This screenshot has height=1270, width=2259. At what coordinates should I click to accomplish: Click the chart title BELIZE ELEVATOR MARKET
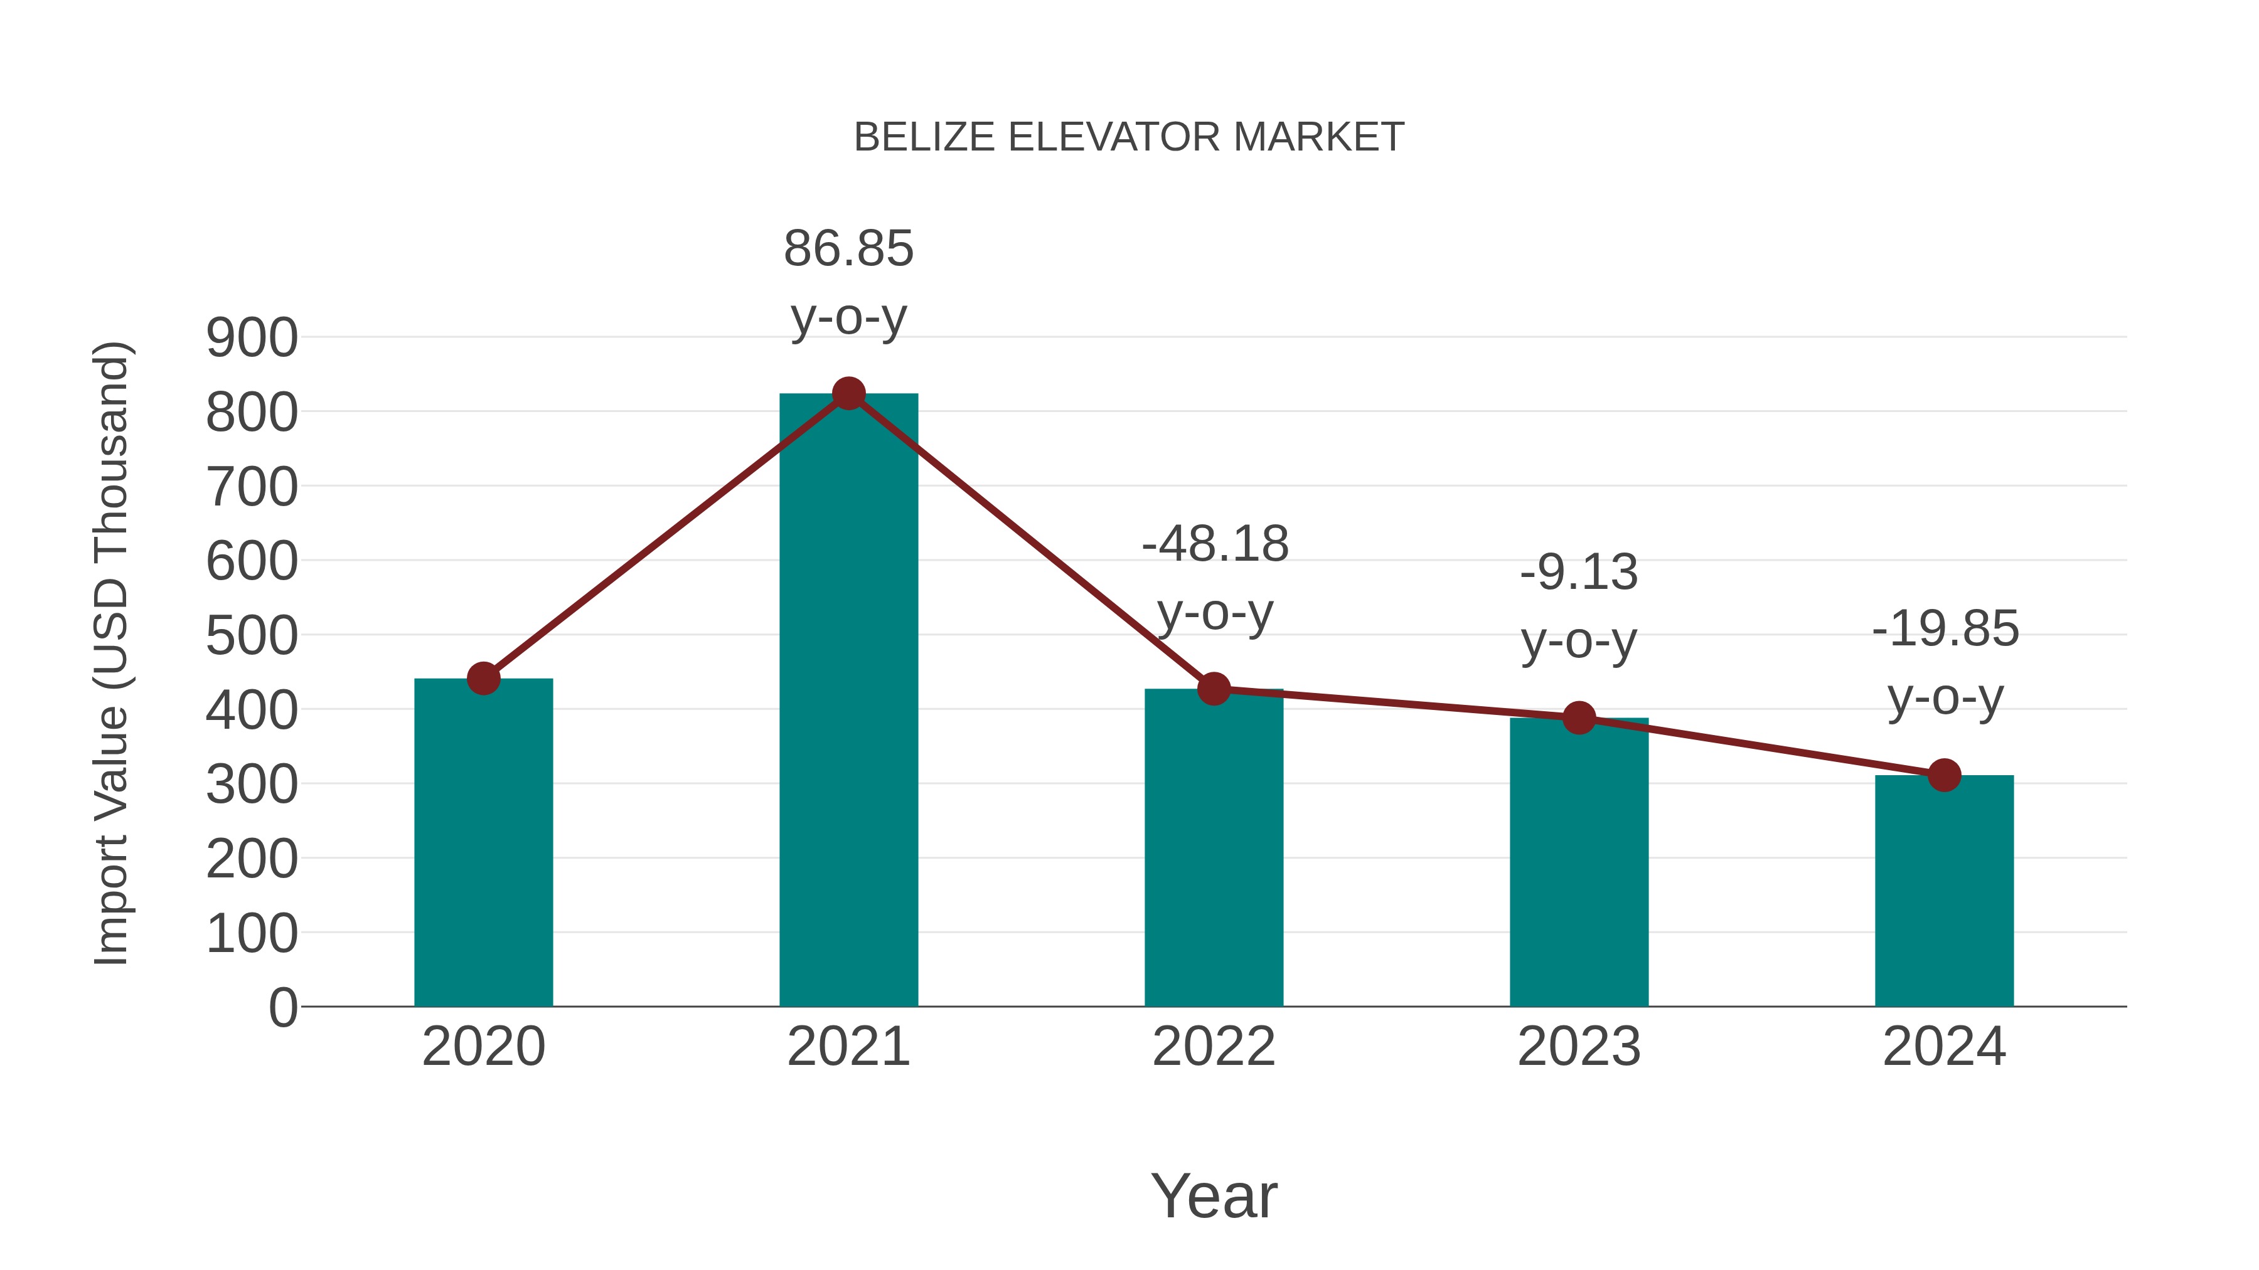(x=1129, y=137)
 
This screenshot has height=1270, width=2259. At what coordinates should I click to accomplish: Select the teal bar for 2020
(x=483, y=842)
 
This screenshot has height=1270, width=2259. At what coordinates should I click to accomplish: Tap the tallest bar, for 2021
(x=848, y=701)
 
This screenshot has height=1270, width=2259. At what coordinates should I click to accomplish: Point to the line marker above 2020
(x=483, y=679)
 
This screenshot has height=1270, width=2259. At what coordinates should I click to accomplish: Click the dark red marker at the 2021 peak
(x=848, y=393)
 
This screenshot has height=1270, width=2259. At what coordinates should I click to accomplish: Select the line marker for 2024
(x=1944, y=775)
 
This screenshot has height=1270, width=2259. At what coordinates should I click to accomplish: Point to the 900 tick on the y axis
(x=252, y=338)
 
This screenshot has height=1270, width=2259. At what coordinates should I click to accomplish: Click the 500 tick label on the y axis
(x=252, y=637)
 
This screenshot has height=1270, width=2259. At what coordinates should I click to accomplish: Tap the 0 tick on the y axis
(x=282, y=1008)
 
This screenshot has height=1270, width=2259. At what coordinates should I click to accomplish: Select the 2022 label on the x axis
(x=1214, y=1047)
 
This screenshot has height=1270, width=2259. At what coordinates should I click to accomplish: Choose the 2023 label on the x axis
(x=1579, y=1047)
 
